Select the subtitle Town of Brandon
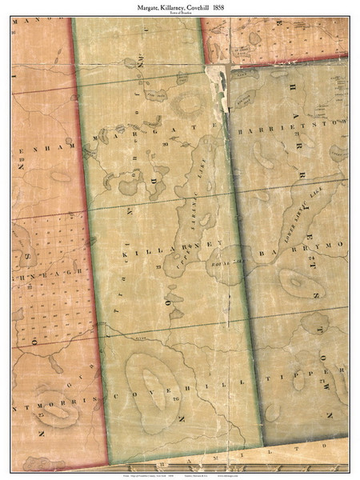(x=180, y=14)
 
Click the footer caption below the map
(x=180, y=474)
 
